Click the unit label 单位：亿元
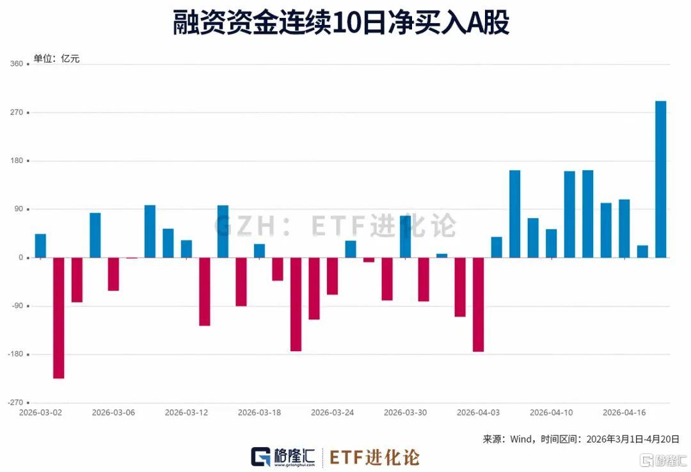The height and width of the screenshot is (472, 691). [x=57, y=59]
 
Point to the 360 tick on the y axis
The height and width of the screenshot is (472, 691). [x=16, y=64]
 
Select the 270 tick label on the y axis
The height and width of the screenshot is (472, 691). [x=16, y=113]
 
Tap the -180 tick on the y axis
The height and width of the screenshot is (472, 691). [x=14, y=354]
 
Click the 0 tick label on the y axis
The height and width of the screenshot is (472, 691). [x=20, y=258]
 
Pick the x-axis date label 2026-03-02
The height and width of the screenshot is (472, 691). [x=40, y=413]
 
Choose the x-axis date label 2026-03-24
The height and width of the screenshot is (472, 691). [x=332, y=413]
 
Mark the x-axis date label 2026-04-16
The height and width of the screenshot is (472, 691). [x=624, y=413]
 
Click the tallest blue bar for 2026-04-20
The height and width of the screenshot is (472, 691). [x=661, y=179]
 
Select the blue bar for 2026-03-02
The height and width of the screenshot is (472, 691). [x=40, y=246]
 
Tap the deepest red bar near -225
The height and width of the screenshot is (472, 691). [x=58, y=318]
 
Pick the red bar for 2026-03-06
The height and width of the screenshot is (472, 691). [x=113, y=274]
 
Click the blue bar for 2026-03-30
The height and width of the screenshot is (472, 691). [x=405, y=237]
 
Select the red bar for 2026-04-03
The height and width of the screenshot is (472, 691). [x=478, y=304]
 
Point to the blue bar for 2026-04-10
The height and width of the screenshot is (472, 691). [x=569, y=214]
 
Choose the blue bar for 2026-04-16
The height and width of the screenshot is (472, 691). [x=624, y=228]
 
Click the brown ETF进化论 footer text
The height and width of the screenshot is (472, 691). [x=374, y=457]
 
